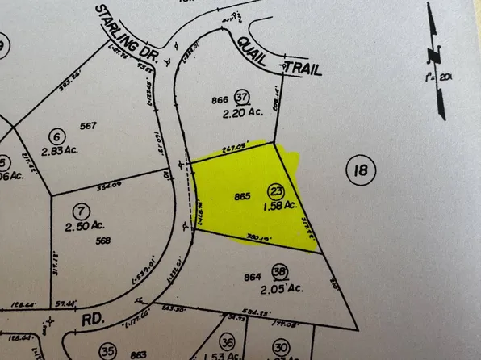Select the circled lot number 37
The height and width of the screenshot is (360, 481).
coord(240,98)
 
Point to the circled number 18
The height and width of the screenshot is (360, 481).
coord(360,170)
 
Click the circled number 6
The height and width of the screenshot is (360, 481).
coord(56,136)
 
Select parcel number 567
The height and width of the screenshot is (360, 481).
coord(89,125)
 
